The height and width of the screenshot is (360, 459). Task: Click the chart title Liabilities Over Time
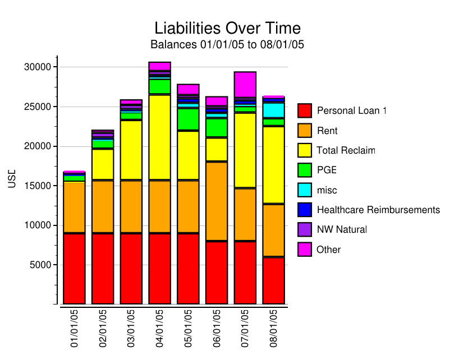coord(227,28)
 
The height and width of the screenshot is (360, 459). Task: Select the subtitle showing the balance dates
coord(227,44)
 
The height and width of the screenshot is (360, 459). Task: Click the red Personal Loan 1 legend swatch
coord(305,110)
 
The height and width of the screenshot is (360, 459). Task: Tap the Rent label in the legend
coord(327,131)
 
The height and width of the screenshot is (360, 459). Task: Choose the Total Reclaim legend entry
coord(345,150)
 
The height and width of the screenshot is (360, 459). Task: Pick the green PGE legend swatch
coord(305,170)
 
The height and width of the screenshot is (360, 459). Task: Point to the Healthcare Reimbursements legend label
coord(378,210)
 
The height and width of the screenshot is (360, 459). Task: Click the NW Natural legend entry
coord(341,229)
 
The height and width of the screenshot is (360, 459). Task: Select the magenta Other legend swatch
coord(305,250)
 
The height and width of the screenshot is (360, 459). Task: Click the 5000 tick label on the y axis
coord(40,265)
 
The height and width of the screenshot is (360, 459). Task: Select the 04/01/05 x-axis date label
coord(159,328)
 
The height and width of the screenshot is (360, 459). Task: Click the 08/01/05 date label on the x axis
coord(273,328)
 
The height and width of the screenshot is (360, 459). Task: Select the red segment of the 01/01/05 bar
coord(74,269)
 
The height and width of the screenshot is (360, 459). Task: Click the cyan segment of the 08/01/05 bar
coord(273,109)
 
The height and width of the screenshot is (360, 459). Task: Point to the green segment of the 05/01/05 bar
coord(188,119)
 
